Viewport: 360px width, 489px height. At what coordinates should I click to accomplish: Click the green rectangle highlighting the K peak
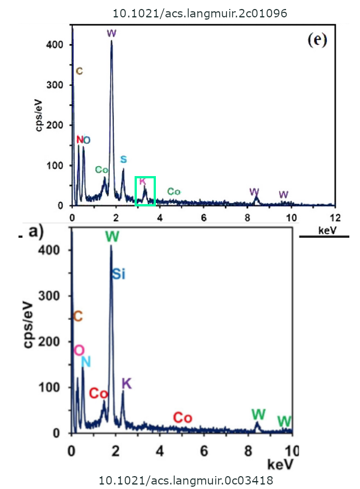point(145,191)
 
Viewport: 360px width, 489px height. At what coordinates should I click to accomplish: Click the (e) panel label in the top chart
point(317,40)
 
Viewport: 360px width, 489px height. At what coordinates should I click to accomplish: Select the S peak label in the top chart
point(123,159)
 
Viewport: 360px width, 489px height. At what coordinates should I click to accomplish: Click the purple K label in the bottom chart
point(127,384)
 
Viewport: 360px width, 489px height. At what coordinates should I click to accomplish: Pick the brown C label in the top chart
point(79,71)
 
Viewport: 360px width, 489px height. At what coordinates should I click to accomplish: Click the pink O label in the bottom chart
point(79,350)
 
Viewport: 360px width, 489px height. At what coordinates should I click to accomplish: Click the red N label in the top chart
point(79,139)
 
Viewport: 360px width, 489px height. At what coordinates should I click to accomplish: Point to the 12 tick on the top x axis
point(335,217)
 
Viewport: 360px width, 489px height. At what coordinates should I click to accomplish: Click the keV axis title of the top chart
point(328,230)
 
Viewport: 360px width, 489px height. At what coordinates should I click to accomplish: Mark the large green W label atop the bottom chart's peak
point(112,237)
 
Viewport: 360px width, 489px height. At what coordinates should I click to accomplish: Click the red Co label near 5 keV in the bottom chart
point(182,418)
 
